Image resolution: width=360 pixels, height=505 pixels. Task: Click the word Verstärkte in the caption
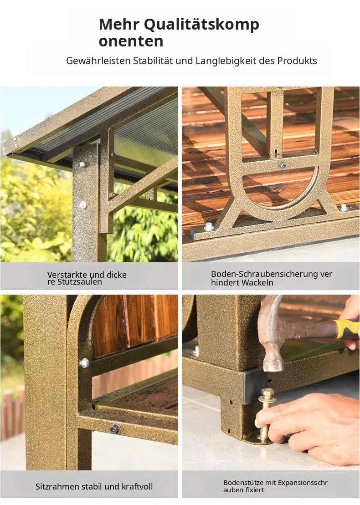point(67,275)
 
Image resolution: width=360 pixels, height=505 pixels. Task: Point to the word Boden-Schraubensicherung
point(264,274)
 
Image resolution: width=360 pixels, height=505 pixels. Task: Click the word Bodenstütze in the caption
point(243,482)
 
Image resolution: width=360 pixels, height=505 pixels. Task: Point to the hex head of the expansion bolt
point(267,393)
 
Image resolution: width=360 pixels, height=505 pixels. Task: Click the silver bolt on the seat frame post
point(84,363)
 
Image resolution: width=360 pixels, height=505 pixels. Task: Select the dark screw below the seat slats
point(115,429)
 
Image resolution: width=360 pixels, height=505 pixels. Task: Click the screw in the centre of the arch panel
point(283,164)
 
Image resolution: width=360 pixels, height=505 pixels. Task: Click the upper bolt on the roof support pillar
point(83,165)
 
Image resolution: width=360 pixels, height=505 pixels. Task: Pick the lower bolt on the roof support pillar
point(82,204)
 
